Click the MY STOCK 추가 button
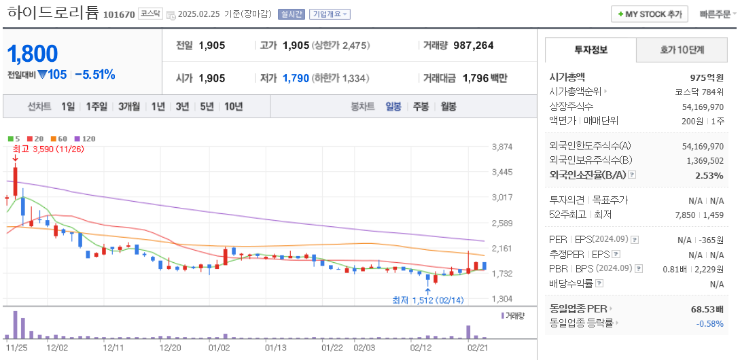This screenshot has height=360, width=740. [649, 14]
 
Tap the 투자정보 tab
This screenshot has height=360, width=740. [591, 50]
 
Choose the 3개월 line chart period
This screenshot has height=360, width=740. [128, 107]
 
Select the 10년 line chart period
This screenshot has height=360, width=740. [233, 107]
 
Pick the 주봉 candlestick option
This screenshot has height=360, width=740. [421, 107]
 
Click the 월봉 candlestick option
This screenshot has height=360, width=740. [448, 107]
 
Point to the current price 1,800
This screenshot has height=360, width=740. [33, 54]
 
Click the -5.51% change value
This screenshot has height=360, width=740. [94, 75]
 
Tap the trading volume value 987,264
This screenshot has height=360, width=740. [473, 46]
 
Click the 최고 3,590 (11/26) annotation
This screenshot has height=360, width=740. [48, 149]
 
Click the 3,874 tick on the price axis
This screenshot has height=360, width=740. [501, 147]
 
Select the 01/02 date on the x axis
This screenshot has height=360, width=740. [219, 348]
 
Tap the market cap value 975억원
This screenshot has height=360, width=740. [706, 77]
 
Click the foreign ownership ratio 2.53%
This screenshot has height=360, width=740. [709, 175]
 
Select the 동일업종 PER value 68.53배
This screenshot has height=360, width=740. [707, 309]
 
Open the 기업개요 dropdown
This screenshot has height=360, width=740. [330, 14]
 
